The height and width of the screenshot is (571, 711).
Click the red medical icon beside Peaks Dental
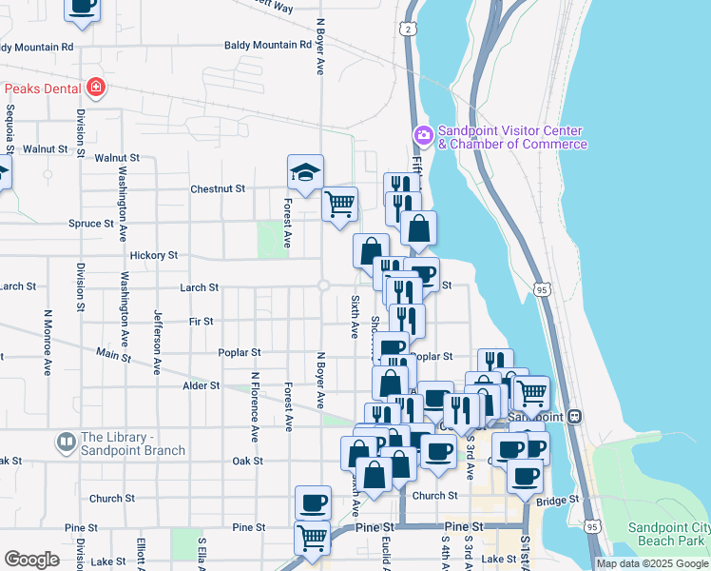tap(95, 89)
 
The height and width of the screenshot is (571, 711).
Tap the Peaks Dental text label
tap(43, 89)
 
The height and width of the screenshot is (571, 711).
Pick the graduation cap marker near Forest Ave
tap(305, 173)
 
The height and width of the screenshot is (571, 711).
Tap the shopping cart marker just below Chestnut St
tap(339, 204)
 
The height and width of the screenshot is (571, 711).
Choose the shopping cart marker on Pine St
tap(312, 538)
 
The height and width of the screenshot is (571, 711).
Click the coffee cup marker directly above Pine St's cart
tap(313, 502)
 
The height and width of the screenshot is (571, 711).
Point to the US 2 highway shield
tap(408, 30)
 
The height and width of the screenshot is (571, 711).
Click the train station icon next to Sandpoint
tap(573, 417)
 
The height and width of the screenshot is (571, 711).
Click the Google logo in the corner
tap(31, 560)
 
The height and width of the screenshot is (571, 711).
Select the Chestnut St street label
tap(218, 188)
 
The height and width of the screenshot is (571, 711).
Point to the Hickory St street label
tap(154, 255)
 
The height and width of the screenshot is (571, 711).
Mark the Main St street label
tap(113, 355)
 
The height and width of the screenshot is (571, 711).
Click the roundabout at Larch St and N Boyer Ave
tap(324, 285)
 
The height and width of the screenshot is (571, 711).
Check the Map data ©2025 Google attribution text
tap(652, 563)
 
